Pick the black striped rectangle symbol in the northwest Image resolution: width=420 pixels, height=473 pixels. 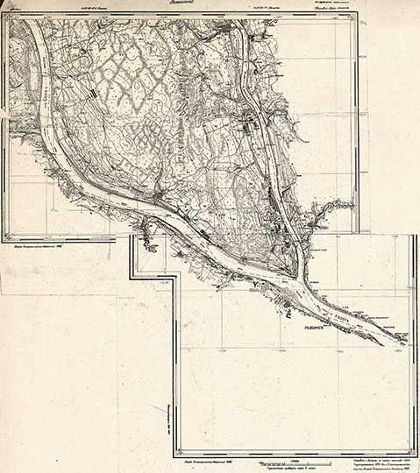point(91,89)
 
